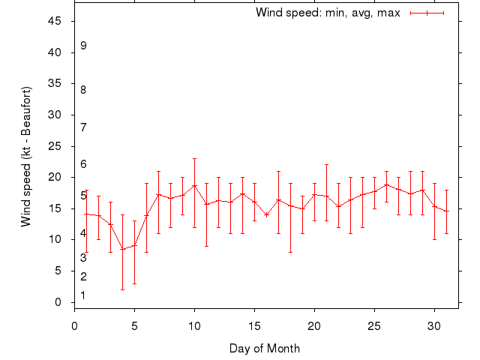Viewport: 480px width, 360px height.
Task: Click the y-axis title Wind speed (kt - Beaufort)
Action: (26, 157)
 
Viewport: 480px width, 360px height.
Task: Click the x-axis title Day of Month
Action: (265, 348)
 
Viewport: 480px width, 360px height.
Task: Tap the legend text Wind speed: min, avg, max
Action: (328, 13)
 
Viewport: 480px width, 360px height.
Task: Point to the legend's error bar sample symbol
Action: (427, 13)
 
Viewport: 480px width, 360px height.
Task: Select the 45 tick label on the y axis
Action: (54, 21)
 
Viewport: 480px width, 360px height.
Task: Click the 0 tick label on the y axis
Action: (58, 302)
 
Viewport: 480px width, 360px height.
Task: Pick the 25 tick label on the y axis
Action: (54, 146)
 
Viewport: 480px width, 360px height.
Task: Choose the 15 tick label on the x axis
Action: (254, 325)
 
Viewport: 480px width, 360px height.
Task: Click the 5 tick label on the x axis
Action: (134, 325)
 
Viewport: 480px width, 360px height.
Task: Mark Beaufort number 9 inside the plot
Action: (83, 46)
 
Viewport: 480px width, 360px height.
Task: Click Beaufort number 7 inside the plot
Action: (83, 127)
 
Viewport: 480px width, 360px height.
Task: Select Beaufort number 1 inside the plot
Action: (83, 295)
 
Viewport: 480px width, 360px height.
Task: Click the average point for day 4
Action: (122, 249)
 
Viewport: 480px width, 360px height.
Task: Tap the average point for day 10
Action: (194, 185)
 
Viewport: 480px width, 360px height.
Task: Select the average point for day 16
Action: (266, 214)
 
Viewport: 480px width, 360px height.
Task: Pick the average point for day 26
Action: (386, 184)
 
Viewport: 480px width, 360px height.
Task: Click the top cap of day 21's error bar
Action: (326, 164)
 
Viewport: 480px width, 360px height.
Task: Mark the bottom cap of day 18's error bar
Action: (290, 252)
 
